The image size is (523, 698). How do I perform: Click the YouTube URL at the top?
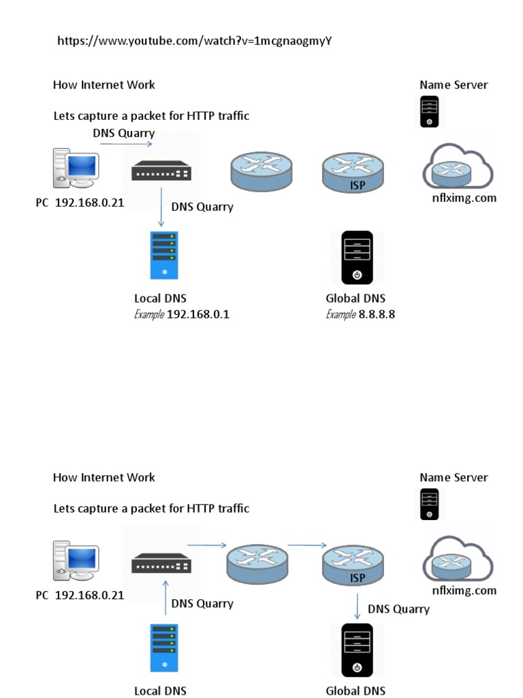pyautogui.click(x=194, y=41)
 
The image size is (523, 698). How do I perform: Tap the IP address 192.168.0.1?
pyautogui.click(x=198, y=314)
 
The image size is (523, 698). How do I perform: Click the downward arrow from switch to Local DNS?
pyautogui.click(x=161, y=205)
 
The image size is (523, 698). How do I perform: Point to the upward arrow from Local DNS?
pyautogui.click(x=165, y=598)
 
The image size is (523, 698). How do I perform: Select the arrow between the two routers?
pyautogui.click(x=306, y=545)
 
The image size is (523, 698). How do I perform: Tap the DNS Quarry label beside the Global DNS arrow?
pyautogui.click(x=398, y=609)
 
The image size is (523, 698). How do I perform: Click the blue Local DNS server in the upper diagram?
pyautogui.click(x=164, y=255)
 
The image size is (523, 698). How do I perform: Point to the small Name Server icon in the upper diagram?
pyautogui.click(x=429, y=112)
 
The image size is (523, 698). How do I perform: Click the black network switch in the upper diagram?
pyautogui.click(x=161, y=170)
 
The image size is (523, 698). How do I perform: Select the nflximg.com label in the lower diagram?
pyautogui.click(x=464, y=590)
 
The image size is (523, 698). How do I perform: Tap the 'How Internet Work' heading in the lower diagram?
pyautogui.click(x=104, y=477)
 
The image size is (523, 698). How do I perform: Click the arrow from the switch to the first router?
pyautogui.click(x=206, y=545)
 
